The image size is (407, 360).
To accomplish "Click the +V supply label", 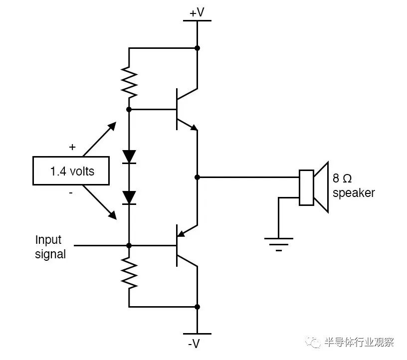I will pos(197,12).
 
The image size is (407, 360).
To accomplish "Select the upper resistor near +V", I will pos(129,83).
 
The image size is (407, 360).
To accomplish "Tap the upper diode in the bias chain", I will pos(129,157).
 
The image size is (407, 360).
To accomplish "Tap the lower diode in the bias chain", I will pos(129,197).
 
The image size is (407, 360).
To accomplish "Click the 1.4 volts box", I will pos(72,171).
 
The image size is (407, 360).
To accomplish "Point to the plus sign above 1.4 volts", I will pos(72,147).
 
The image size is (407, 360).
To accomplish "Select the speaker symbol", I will pos(314,187).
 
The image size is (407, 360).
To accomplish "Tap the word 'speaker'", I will pos(353,193).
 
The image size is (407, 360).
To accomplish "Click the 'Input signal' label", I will pos(49,247).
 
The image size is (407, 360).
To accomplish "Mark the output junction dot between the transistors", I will pos(198,177).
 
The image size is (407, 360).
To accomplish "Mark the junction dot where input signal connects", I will pos(129,245).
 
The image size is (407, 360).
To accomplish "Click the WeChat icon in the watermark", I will pos(315,342).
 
